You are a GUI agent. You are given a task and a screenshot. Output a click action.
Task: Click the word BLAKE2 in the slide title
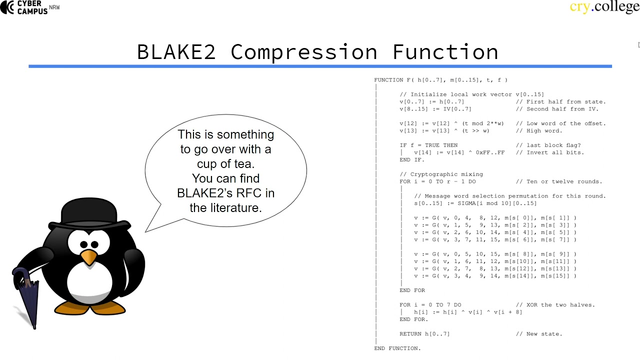pos(176,52)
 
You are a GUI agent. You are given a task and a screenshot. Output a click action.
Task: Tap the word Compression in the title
pos(304,52)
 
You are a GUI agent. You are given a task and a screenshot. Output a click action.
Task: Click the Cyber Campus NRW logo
pos(30,7)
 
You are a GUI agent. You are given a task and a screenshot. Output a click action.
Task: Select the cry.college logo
pos(604,7)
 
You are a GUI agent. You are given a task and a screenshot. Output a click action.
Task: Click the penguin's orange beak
pos(88,257)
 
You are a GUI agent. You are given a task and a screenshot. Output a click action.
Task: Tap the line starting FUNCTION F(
pos(440,80)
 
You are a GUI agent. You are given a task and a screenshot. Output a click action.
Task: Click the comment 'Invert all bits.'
pos(555,152)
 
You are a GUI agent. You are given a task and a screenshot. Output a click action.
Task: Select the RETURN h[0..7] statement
pos(424,334)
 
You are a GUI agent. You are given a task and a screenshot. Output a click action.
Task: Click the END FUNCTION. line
pos(397,348)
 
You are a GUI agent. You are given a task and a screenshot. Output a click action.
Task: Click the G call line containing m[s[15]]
pos(495,276)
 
